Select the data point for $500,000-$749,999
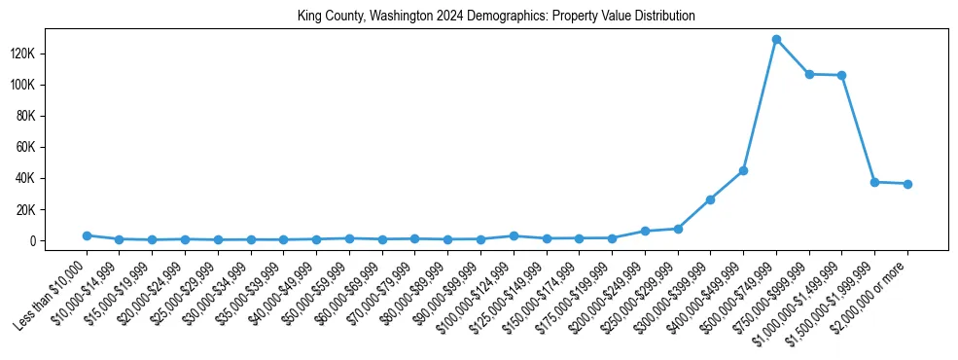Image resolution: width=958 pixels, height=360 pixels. (x=776, y=40)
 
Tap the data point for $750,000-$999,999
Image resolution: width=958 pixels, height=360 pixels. (x=809, y=74)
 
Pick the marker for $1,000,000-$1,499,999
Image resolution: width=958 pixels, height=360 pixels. (x=841, y=76)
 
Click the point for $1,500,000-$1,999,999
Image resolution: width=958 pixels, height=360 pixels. (x=874, y=182)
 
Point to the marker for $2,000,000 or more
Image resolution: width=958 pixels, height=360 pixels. (x=907, y=184)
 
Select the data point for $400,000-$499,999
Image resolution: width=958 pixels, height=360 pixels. (x=743, y=170)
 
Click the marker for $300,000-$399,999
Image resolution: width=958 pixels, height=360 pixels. (x=710, y=199)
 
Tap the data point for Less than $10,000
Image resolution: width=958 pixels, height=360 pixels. (x=87, y=235)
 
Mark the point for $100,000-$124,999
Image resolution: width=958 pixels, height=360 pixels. (x=514, y=235)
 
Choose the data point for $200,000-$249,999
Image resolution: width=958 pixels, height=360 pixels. (x=645, y=231)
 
